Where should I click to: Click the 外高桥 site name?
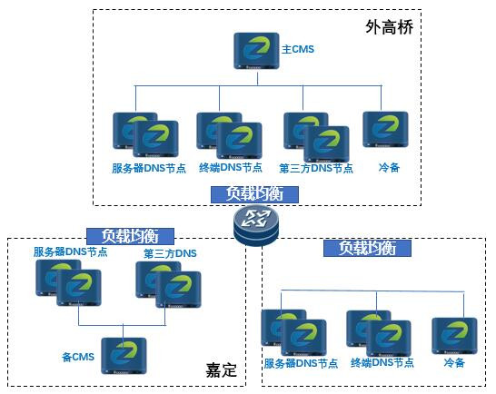point(389,27)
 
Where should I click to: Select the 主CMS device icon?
point(256,51)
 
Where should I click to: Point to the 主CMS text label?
point(298,49)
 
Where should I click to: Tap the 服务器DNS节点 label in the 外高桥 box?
point(149,168)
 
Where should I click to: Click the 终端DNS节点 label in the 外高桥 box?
point(231,167)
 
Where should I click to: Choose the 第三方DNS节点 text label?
point(316,168)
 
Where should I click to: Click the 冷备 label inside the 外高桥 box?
point(389,167)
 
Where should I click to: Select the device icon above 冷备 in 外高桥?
point(385,129)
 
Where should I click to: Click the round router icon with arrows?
point(256,225)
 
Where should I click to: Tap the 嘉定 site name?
point(221,370)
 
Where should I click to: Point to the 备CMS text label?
point(78,357)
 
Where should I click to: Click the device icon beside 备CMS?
point(124,356)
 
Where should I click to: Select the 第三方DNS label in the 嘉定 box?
point(170,253)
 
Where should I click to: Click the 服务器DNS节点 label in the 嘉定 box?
point(70,252)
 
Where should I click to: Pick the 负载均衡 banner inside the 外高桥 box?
point(254,194)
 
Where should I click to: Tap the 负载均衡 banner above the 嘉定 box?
point(130,236)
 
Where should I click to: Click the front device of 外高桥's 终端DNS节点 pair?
point(239,141)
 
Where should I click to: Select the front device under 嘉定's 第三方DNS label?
point(178,290)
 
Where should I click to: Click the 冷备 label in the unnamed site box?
point(454,362)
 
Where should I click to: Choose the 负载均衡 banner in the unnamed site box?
point(367,248)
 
